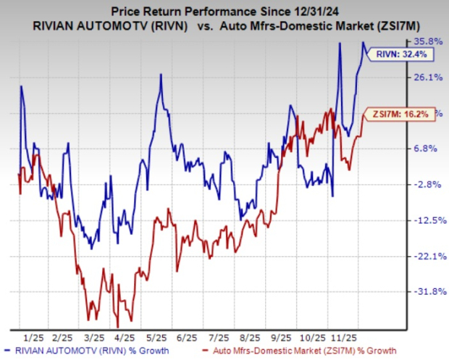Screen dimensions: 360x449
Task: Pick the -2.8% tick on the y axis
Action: click(427, 184)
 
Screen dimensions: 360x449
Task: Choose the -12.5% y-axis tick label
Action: click(426, 219)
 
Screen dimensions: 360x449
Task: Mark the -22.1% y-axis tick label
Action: click(426, 256)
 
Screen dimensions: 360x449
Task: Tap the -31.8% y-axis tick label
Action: click(426, 291)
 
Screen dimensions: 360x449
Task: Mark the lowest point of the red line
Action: click(117, 327)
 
